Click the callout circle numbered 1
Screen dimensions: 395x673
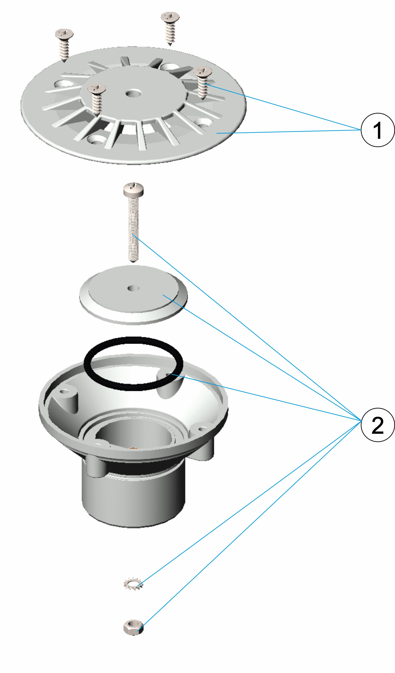pos(378,130)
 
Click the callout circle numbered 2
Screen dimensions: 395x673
pos(378,425)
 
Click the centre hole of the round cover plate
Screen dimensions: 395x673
pos(133,288)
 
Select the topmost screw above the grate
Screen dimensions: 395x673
pos(170,28)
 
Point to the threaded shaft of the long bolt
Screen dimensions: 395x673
pos(133,229)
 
